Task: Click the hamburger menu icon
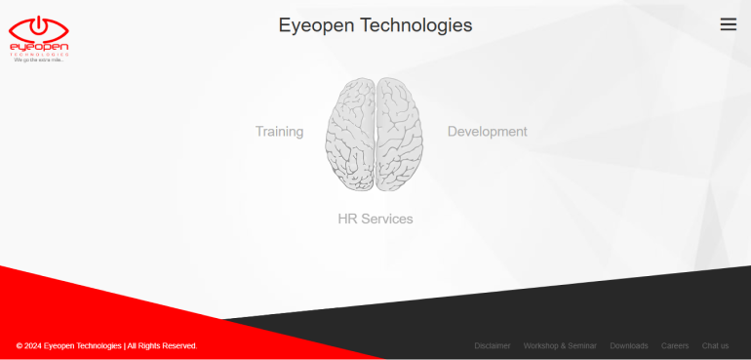[728, 24]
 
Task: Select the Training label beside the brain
[279, 132]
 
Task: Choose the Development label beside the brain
[487, 132]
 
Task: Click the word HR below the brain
[347, 220]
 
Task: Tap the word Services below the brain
[387, 220]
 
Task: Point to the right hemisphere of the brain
[400, 134]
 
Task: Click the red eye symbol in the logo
[38, 28]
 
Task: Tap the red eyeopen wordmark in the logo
[38, 47]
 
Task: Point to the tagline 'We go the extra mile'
[38, 60]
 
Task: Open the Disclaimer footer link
[493, 345]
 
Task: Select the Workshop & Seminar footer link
[560, 345]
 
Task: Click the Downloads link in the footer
[629, 345]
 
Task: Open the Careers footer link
[675, 345]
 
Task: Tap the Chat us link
[715, 345]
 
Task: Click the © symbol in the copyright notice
[20, 345]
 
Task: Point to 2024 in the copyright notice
[33, 345]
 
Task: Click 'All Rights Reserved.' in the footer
[162, 345]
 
